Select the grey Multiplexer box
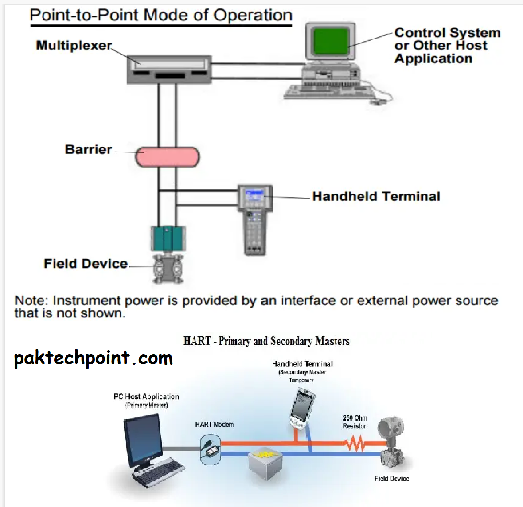[x=169, y=70]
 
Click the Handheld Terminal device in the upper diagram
[x=255, y=219]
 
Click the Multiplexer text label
[x=74, y=45]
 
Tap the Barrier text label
[x=88, y=149]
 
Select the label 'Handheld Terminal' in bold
[x=376, y=196]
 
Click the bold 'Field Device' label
[x=86, y=264]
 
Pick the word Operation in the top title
[x=253, y=15]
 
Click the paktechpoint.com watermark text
[x=93, y=358]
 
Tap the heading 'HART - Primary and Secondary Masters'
[x=266, y=341]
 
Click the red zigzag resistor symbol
[x=355, y=443]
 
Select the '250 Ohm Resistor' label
[x=355, y=422]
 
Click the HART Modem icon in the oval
[x=210, y=449]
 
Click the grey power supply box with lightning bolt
[x=265, y=464]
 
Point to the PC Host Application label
[x=146, y=399]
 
